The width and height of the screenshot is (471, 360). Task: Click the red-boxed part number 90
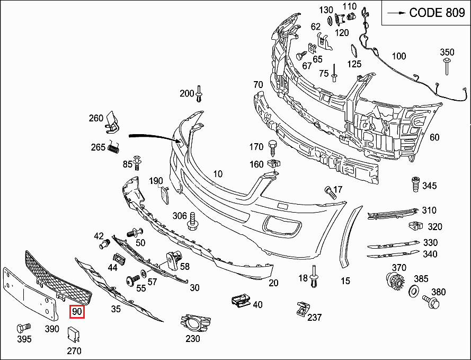(x=77, y=312)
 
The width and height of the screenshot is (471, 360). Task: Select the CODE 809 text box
(x=426, y=13)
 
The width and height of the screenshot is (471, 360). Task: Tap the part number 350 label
(x=447, y=52)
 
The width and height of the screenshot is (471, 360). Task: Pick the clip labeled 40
(x=241, y=301)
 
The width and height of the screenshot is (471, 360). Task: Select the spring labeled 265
(x=112, y=148)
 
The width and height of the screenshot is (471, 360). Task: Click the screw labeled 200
(x=200, y=94)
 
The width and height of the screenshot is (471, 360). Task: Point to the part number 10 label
(x=218, y=174)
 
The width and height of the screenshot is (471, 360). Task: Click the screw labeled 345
(x=415, y=186)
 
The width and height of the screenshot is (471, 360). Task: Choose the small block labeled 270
(x=74, y=334)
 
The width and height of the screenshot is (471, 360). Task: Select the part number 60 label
(x=434, y=137)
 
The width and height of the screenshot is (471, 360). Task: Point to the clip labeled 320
(x=416, y=226)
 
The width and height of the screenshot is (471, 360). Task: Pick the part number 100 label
(x=398, y=56)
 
